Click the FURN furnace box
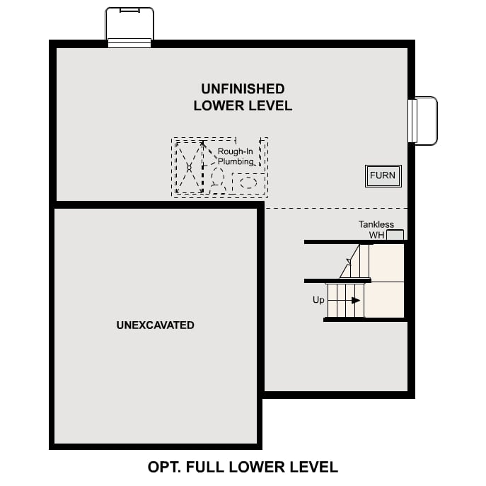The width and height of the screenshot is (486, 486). pyautogui.click(x=383, y=175)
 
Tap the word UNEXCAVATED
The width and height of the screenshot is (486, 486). pyautogui.click(x=155, y=325)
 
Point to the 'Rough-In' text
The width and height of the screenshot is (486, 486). pyautogui.click(x=235, y=151)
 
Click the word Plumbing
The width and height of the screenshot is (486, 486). pyautogui.click(x=235, y=161)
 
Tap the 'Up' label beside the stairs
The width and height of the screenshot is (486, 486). pyautogui.click(x=319, y=300)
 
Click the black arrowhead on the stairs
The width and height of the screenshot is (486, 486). pyautogui.click(x=356, y=301)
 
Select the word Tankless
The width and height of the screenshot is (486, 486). pyautogui.click(x=376, y=225)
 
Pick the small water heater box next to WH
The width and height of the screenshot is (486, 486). pyautogui.click(x=395, y=235)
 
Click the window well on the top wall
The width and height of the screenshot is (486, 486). pyautogui.click(x=129, y=26)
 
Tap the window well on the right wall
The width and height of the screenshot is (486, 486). pyautogui.click(x=424, y=121)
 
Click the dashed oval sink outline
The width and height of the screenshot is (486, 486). pyautogui.click(x=248, y=183)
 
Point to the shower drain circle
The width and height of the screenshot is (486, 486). pyautogui.click(x=189, y=167)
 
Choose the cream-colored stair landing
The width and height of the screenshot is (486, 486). pyautogui.click(x=387, y=280)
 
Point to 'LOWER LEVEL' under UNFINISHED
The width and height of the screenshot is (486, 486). pyautogui.click(x=243, y=106)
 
